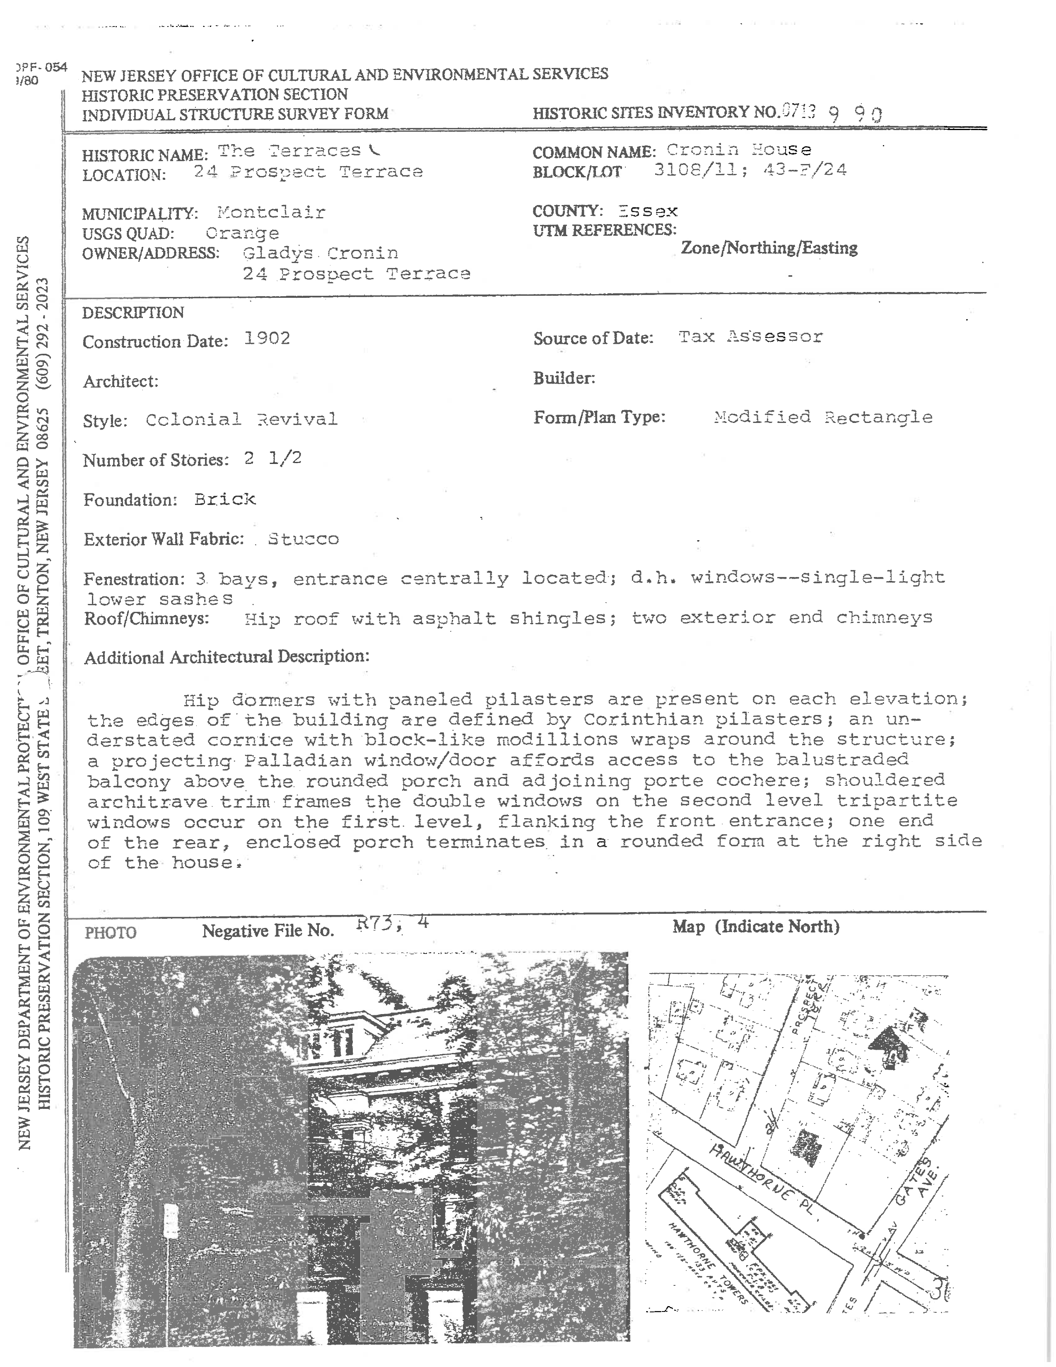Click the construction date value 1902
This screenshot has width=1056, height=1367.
click(267, 338)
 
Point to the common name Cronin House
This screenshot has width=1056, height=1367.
click(738, 150)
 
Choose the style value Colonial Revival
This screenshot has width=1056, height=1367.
click(241, 419)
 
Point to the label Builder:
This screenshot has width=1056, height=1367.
click(564, 378)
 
